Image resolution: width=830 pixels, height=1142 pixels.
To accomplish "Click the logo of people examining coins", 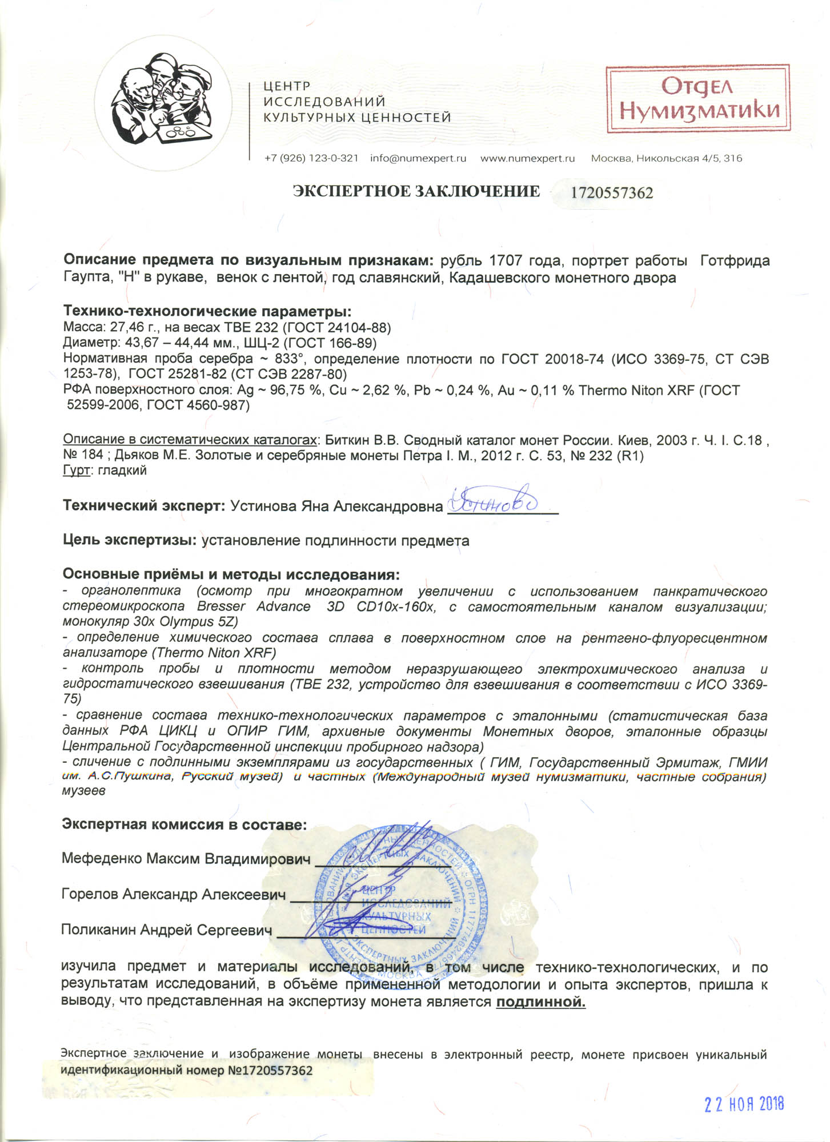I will pos(163,106).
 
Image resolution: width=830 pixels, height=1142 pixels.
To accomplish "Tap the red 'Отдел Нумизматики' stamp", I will pos(698,99).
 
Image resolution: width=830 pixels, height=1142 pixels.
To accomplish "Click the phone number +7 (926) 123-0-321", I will pos(311,158).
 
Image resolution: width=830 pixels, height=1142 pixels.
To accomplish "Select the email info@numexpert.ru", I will pos(418,158).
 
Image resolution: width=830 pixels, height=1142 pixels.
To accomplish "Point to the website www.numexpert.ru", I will pos(527,158).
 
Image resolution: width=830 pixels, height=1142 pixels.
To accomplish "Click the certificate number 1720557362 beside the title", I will pos(612,193).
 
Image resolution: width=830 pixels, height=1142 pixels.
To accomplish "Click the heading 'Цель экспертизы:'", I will pos(130,540).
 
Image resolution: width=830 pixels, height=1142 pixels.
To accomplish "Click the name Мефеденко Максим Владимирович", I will pos(186,859).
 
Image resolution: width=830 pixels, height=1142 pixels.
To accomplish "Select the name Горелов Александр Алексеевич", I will pos(173,894).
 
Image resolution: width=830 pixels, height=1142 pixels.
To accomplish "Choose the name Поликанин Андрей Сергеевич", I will pos(167,930).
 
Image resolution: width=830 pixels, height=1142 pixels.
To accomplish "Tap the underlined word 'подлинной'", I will pos(540,1002).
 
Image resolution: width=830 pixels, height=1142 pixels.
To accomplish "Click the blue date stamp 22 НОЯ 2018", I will pos(744,1104).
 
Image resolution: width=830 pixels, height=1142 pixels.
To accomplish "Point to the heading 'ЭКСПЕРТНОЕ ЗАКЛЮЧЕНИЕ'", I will pos(416,191).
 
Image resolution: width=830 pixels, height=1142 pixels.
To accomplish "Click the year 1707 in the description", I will pos(506,261).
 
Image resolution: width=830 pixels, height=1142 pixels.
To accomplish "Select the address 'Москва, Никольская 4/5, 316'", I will pos(667,158).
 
